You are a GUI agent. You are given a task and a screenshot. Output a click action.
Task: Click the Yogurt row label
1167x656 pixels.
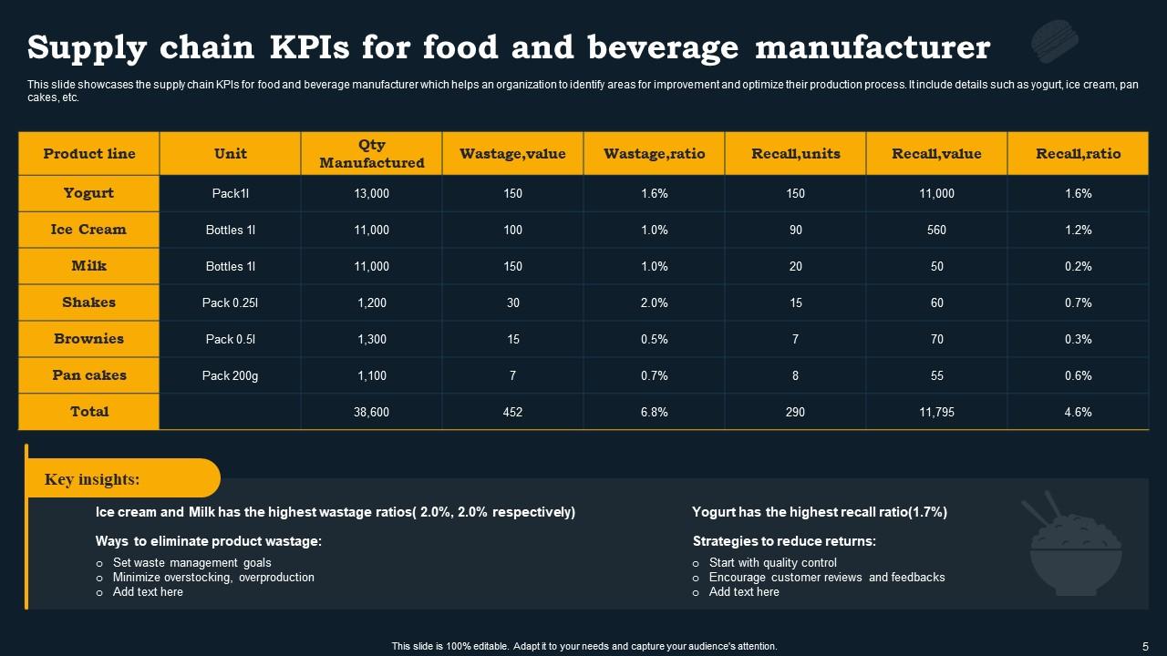click(88, 193)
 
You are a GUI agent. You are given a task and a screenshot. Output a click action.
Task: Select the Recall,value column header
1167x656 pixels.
click(936, 153)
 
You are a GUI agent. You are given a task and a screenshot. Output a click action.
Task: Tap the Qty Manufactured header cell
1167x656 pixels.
click(371, 153)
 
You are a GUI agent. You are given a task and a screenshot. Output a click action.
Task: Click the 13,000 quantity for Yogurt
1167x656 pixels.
click(371, 193)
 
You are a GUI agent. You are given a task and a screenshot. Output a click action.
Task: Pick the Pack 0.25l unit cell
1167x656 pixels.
click(230, 302)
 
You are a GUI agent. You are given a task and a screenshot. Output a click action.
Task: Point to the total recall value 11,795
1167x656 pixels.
click(936, 412)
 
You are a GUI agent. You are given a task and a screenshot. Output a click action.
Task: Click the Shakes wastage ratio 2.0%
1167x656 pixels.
click(654, 302)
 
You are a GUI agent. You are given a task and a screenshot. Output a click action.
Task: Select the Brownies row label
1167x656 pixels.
click(88, 339)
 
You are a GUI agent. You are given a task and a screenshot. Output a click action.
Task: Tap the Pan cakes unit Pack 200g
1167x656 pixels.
click(230, 375)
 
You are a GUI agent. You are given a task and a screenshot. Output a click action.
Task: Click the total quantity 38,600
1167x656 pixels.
click(371, 412)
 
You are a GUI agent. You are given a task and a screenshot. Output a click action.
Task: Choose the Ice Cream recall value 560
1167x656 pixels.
click(936, 230)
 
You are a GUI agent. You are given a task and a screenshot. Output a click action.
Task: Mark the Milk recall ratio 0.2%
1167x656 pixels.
click(1078, 266)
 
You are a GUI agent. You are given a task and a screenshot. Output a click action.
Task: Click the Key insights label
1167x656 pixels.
click(92, 479)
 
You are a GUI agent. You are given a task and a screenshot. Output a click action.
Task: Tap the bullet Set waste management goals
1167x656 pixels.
click(191, 563)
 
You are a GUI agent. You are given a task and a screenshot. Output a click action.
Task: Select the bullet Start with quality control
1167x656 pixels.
click(772, 563)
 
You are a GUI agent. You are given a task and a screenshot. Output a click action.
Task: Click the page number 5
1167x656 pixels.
click(1145, 645)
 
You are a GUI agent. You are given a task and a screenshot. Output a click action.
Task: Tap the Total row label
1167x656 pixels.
click(88, 412)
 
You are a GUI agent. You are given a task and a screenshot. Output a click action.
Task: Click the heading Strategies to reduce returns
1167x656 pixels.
click(784, 541)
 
